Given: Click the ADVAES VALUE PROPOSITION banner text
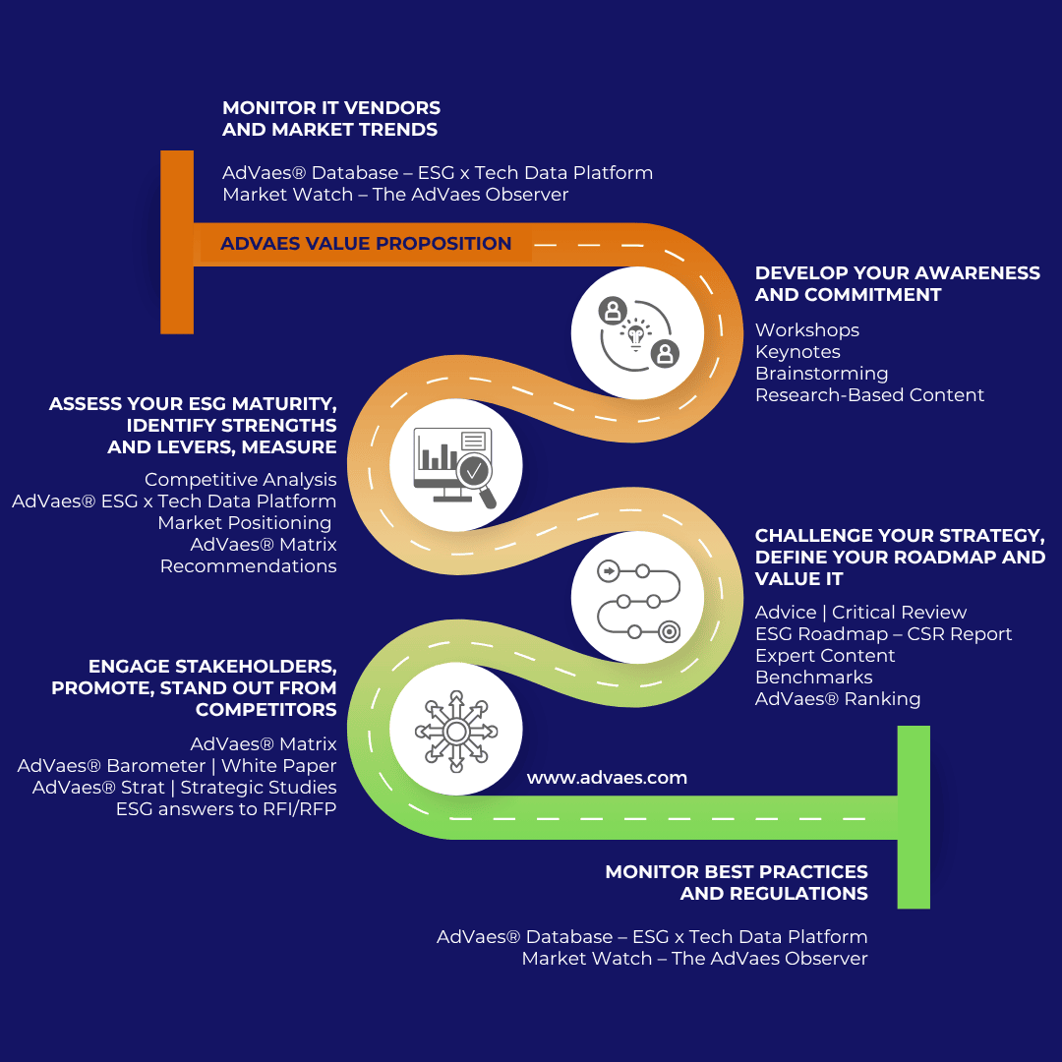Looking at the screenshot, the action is click(366, 244).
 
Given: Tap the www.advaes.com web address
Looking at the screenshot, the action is click(607, 778).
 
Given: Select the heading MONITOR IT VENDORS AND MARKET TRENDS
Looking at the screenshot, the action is click(331, 118).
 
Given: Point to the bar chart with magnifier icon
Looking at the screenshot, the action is click(455, 465).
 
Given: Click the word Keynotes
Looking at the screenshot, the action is click(797, 352).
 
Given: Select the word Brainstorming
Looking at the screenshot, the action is click(821, 374).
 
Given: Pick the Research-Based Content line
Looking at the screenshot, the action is click(869, 395).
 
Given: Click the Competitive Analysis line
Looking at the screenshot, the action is click(240, 480).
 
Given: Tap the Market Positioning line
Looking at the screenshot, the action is click(244, 523).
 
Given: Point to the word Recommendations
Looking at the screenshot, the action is click(248, 566).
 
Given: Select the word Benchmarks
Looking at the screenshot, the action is click(813, 678).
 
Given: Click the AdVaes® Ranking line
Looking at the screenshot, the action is click(838, 699).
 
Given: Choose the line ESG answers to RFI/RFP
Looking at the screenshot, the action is click(226, 809).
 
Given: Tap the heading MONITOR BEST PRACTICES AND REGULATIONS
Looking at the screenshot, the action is click(737, 882).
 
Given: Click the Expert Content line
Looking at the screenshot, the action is click(825, 656).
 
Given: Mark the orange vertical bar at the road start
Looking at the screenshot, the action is click(177, 242).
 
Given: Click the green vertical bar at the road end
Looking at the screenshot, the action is click(914, 816).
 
